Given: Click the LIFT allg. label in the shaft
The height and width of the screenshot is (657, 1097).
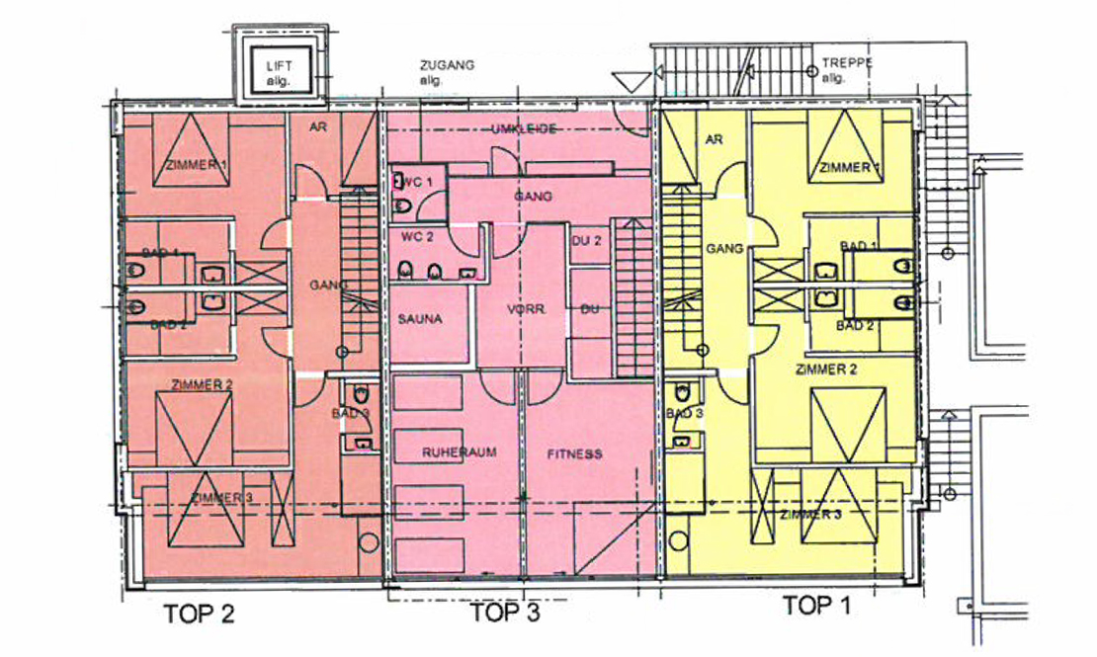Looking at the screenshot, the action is click(279, 73).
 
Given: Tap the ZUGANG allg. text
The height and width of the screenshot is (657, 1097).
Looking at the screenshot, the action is click(447, 72).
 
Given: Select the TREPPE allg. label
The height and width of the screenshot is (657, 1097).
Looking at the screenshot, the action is click(847, 70).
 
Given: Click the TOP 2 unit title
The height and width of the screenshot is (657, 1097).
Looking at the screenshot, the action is click(200, 614).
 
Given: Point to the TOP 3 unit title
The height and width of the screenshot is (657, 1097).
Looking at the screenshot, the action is click(505, 613).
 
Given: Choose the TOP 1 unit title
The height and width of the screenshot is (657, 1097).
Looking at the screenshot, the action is click(816, 605).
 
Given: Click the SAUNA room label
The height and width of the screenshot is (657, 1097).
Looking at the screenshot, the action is click(420, 319).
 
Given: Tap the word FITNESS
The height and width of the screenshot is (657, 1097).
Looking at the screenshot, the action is click(574, 454).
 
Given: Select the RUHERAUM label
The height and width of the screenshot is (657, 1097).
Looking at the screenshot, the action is click(459, 452).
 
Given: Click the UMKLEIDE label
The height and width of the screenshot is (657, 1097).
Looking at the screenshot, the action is click(524, 128).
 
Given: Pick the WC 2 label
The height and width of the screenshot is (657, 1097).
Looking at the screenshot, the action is click(417, 236).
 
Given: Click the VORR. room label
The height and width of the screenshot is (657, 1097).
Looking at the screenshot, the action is click(527, 308).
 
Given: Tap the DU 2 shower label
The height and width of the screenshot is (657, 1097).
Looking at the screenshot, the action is click(586, 241).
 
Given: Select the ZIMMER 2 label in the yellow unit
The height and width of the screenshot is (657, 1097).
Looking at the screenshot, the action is click(826, 369).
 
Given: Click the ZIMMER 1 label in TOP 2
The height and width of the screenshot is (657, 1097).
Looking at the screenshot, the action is click(197, 165).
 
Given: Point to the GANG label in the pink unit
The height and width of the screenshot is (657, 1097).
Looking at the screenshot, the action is click(533, 197).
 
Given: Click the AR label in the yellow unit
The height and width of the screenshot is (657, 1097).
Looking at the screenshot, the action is click(714, 139).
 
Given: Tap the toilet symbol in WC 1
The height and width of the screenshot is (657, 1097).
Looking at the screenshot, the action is click(402, 206).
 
